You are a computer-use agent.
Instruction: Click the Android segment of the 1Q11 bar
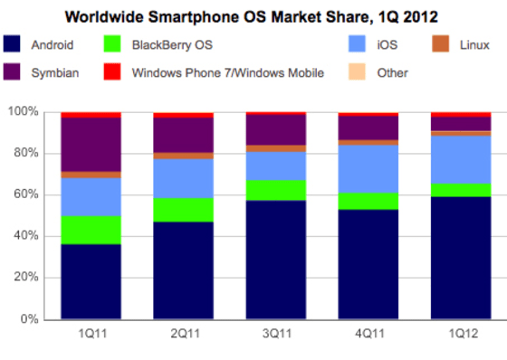coord(91,281)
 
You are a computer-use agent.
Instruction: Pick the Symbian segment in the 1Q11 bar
coord(91,145)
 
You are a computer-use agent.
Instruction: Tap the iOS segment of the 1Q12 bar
coord(460,159)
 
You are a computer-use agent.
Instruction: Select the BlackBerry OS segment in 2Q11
coord(183,210)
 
